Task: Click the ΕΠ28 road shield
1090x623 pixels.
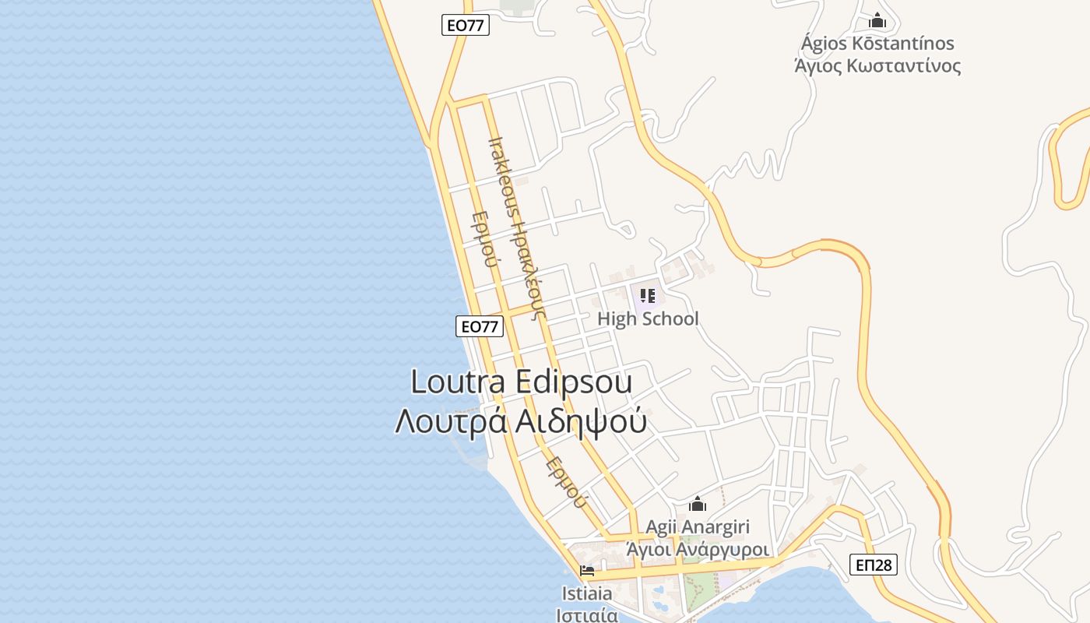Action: point(873,565)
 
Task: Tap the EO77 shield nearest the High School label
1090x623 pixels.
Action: point(479,326)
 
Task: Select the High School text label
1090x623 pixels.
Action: point(648,319)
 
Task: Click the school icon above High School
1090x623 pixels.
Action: point(648,296)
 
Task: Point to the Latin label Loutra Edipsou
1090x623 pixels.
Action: point(521,382)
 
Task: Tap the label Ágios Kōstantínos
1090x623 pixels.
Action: point(877,44)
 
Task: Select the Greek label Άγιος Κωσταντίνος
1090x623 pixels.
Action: point(877,65)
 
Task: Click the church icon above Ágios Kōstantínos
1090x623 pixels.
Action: point(877,21)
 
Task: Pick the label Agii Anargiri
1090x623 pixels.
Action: point(697,527)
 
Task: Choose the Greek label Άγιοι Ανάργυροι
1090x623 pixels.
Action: point(698,549)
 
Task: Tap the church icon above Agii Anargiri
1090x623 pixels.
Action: point(698,505)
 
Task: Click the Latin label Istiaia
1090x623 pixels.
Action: point(587,593)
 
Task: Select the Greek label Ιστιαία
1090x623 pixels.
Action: point(587,614)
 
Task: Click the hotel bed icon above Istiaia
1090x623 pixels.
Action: point(587,572)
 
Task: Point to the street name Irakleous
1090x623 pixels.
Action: point(500,181)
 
